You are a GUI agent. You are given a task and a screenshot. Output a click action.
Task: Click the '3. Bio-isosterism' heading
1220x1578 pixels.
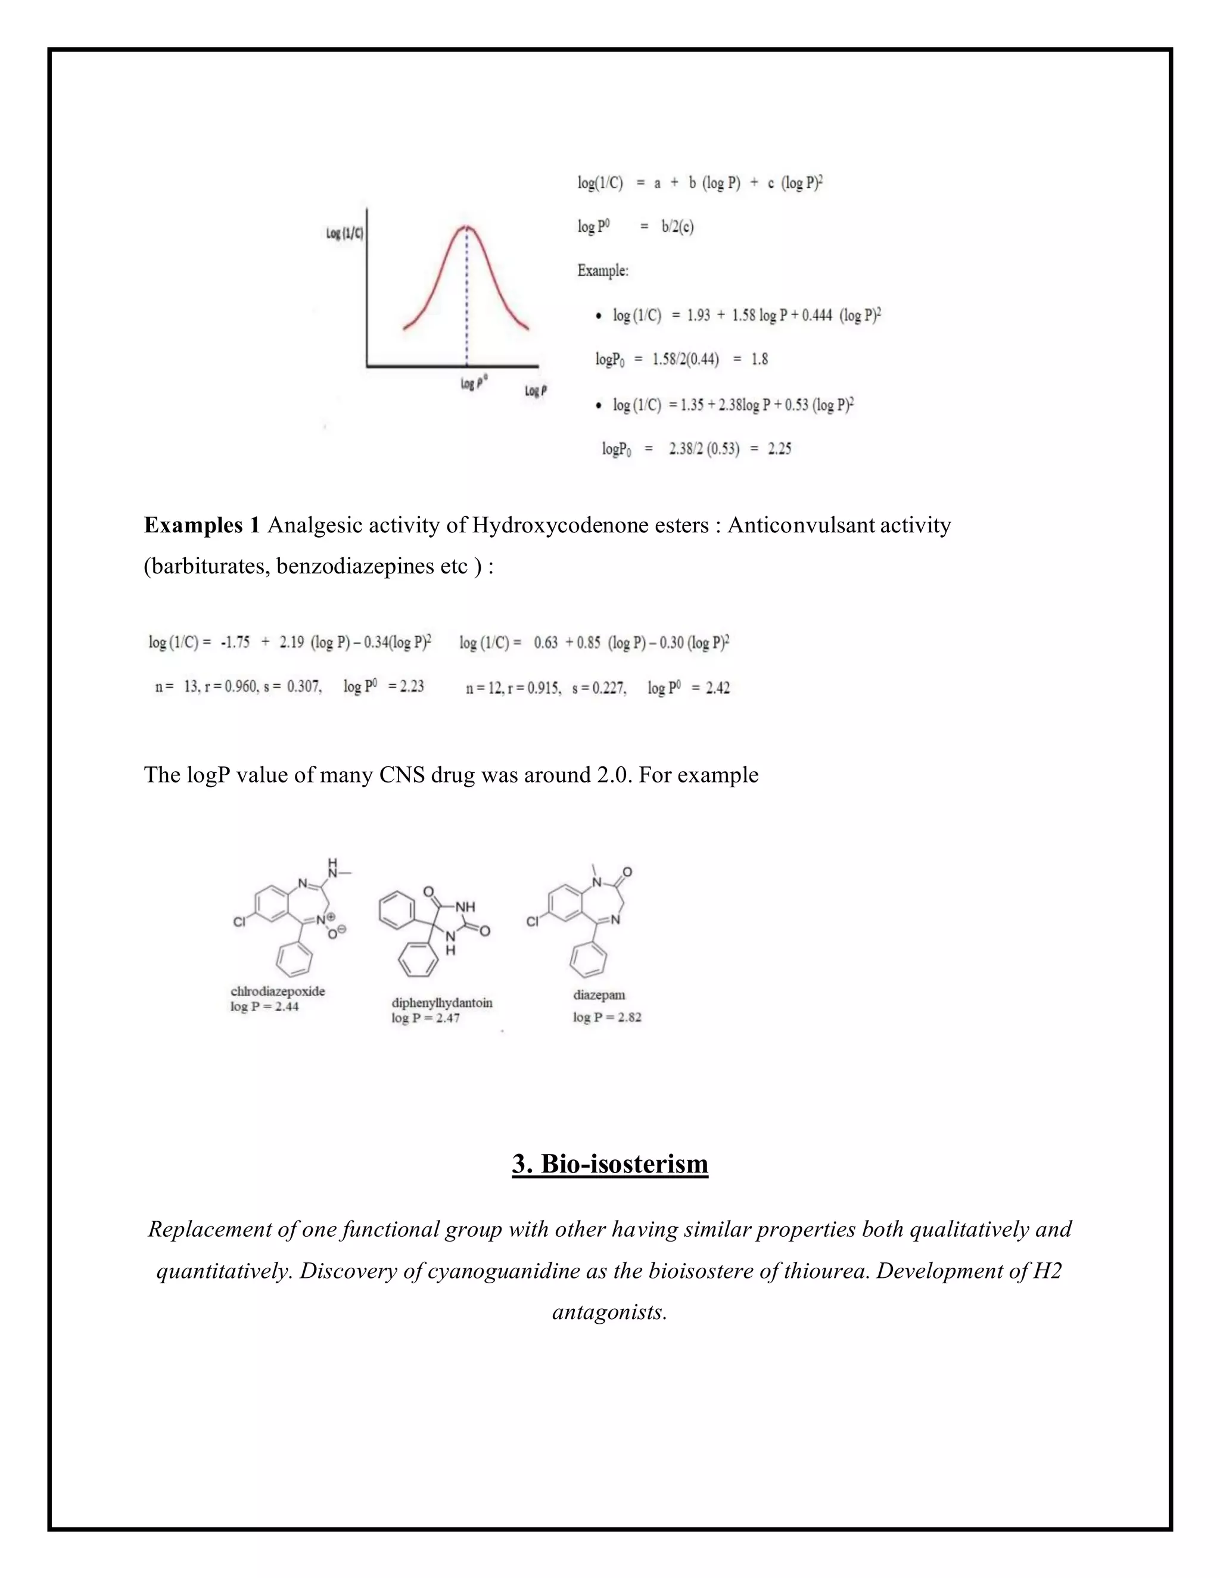(x=609, y=1164)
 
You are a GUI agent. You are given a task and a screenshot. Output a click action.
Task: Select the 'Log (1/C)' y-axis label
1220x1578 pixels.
(x=345, y=233)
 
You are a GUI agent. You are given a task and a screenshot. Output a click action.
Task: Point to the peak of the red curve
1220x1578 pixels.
(x=467, y=227)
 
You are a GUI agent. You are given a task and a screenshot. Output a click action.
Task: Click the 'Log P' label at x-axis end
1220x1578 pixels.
(x=536, y=391)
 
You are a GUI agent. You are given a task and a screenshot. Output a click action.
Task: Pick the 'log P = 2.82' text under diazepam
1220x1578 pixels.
(x=607, y=1017)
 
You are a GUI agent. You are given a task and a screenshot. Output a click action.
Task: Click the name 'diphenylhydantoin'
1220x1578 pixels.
(x=441, y=1002)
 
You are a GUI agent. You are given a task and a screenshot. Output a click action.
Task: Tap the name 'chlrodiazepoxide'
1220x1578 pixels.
(x=278, y=991)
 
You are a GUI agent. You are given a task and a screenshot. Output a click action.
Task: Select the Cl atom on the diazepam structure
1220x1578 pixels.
(x=533, y=922)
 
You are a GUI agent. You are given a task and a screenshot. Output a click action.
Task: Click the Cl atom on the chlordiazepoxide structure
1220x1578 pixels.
(x=240, y=922)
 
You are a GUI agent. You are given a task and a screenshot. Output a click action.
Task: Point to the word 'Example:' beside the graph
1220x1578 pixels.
(x=603, y=271)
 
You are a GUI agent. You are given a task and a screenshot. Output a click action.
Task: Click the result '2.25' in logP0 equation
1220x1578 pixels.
(x=779, y=449)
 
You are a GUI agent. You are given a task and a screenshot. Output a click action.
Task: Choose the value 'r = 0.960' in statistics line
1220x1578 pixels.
(x=231, y=687)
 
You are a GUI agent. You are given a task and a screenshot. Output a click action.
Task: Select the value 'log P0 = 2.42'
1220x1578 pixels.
(x=688, y=688)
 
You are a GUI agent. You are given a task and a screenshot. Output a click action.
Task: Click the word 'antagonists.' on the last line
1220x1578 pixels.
(x=609, y=1312)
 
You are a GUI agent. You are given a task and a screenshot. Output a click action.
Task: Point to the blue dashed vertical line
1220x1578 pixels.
(x=467, y=304)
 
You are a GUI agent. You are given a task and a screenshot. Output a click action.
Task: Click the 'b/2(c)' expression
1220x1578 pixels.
(x=677, y=227)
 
